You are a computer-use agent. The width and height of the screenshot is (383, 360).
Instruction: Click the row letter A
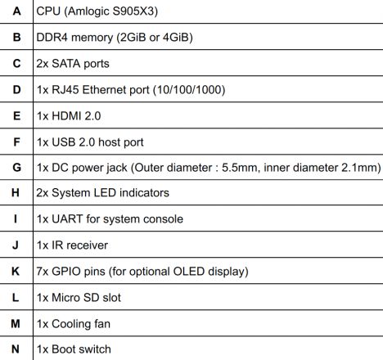(16, 11)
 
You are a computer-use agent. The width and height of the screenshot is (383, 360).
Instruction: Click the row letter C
(16, 64)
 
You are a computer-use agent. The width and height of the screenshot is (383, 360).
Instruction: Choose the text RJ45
(65, 90)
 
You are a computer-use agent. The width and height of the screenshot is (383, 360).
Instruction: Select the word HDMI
(66, 116)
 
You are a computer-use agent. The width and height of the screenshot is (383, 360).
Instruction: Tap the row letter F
(16, 142)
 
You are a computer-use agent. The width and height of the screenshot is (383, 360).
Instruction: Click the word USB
(63, 142)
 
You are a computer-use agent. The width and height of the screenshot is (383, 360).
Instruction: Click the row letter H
(16, 193)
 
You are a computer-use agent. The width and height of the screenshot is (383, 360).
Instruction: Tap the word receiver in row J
(88, 245)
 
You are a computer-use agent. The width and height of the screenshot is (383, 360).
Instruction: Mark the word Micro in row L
(65, 298)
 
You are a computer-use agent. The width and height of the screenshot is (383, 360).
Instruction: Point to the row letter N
(16, 349)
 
